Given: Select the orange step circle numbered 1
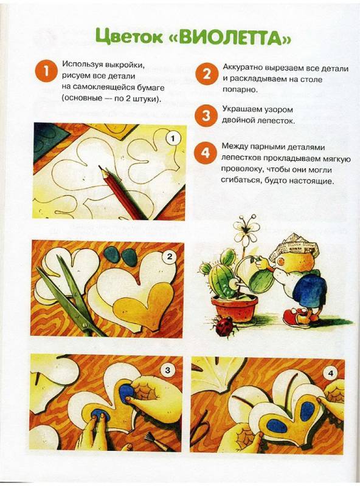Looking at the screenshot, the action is [x=46, y=72].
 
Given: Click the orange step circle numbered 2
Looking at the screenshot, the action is [x=206, y=74].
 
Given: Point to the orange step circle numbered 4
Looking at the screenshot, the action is [x=205, y=153].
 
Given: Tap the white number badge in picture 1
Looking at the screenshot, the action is [x=173, y=139].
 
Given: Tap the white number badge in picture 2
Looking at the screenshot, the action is [x=170, y=256].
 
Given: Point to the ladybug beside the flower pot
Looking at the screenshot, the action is [x=224, y=327].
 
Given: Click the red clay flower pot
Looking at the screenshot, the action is [x=235, y=309].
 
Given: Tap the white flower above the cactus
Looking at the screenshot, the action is [x=247, y=230].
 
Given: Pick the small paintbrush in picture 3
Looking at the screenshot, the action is [x=157, y=439].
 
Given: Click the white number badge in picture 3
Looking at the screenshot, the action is [x=167, y=370].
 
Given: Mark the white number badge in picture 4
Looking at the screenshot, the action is [x=330, y=374].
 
